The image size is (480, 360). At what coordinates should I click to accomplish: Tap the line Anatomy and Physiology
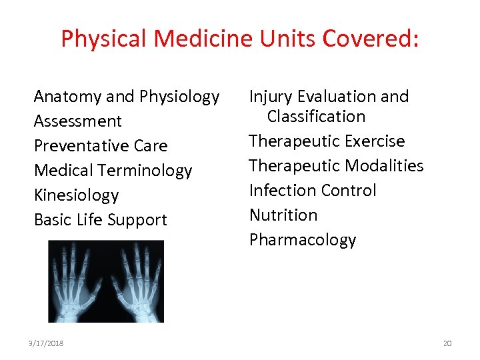click(x=127, y=97)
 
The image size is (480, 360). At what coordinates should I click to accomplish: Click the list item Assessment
click(x=78, y=121)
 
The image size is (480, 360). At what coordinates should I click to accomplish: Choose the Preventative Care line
click(x=101, y=146)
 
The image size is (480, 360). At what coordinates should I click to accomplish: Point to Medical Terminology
click(x=113, y=171)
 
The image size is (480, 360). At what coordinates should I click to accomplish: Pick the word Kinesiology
click(x=76, y=195)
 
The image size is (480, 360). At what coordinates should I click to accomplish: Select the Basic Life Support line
click(x=101, y=220)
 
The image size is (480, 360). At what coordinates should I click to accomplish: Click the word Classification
click(x=316, y=117)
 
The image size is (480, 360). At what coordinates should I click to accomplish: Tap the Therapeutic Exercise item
click(x=327, y=141)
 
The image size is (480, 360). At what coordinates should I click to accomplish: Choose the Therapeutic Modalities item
click(x=336, y=166)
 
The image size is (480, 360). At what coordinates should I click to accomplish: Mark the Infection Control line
click(x=313, y=191)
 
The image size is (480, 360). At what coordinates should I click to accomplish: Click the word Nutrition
click(x=283, y=215)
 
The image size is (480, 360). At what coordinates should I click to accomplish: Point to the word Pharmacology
click(x=303, y=240)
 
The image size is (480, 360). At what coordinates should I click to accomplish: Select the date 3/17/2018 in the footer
click(x=47, y=343)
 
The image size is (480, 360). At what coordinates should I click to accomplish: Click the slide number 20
click(x=447, y=343)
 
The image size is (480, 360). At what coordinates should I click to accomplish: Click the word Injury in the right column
click(x=271, y=97)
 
